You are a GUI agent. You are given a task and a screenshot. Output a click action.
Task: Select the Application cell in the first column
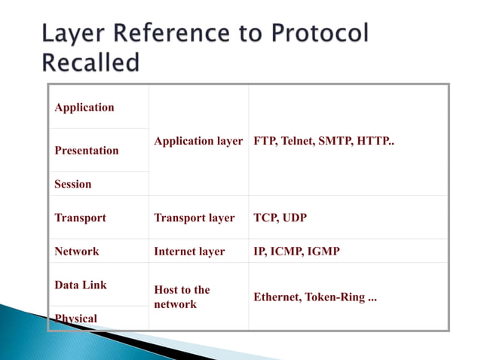pos(84,107)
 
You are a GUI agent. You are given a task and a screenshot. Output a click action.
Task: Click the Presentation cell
pos(87,150)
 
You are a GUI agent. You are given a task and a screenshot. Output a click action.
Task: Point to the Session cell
pos(73,184)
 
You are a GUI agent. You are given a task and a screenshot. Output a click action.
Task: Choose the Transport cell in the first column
pos(80,218)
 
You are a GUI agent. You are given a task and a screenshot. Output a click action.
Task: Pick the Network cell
pos(77,251)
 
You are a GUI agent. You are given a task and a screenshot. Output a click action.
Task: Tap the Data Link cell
pos(81,285)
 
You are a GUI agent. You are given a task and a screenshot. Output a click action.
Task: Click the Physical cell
pos(76,318)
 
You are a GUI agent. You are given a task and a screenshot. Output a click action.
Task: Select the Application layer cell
pos(198,141)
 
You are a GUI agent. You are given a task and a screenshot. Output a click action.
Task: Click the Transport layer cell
pos(195,218)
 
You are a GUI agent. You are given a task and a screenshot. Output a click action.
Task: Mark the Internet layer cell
pos(189,251)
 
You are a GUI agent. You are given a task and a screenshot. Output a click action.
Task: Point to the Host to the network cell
pos(182,297)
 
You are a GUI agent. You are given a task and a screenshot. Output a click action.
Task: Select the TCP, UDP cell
pos(280,218)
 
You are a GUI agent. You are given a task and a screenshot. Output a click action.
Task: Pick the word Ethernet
pos(277,297)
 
